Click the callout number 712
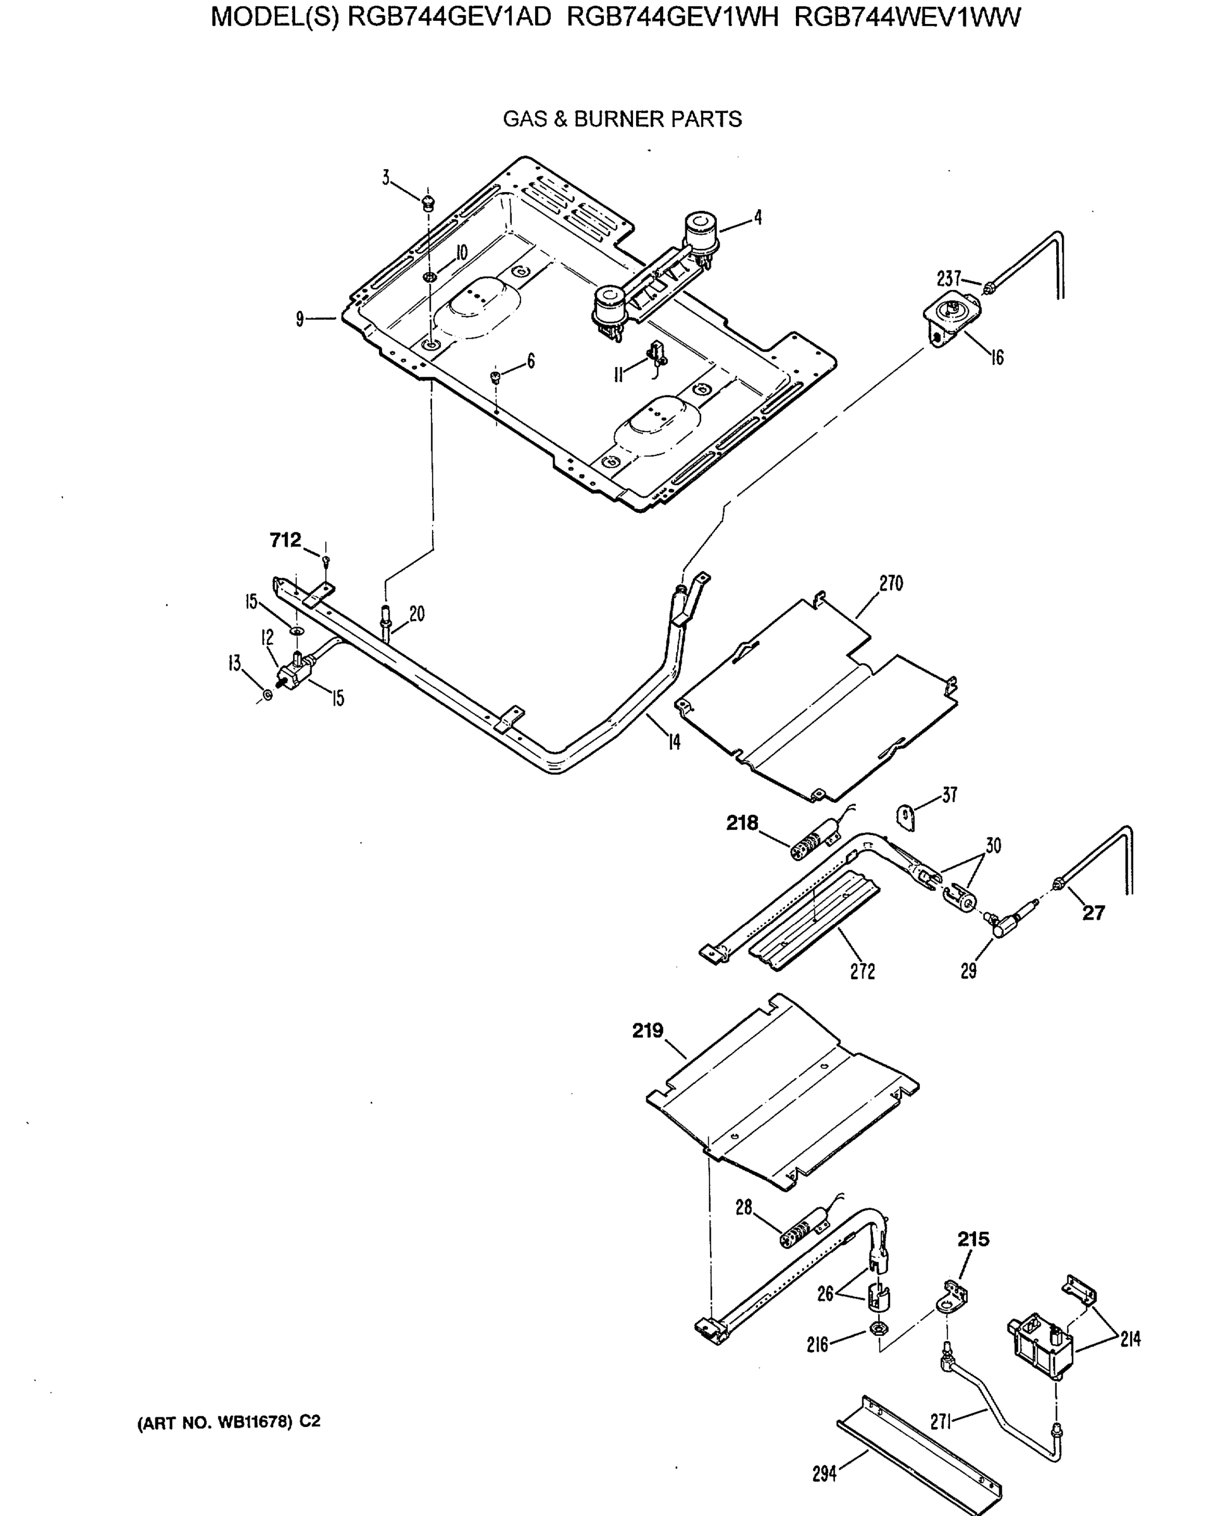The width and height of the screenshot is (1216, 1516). [x=285, y=540]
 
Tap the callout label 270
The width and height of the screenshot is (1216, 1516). [x=891, y=583]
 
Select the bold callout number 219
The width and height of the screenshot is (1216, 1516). [x=647, y=1031]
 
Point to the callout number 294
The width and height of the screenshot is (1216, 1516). [x=824, y=1473]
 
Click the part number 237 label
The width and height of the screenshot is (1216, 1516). [x=949, y=279]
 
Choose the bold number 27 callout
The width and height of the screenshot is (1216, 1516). [x=1093, y=913]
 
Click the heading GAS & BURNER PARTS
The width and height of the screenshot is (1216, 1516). [x=622, y=119]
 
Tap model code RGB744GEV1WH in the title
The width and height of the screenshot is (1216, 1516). [x=672, y=17]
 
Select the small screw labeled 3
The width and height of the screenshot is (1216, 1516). [x=427, y=204]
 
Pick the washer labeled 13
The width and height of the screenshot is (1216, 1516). [x=267, y=695]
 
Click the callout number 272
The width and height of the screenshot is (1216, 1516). [x=862, y=971]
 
